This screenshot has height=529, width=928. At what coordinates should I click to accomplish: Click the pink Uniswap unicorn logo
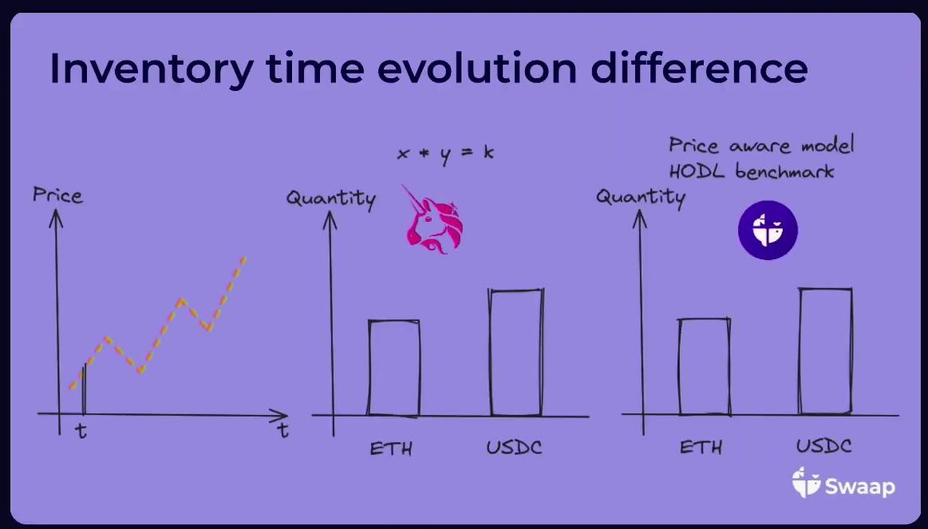tap(434, 220)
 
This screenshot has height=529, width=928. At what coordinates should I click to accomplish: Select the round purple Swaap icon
tap(768, 230)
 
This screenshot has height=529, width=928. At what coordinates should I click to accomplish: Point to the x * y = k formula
tap(445, 153)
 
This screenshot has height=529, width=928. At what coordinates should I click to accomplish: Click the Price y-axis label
tap(57, 195)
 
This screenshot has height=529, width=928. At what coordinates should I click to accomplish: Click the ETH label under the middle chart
tap(391, 448)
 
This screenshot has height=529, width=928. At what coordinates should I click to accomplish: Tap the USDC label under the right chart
tap(823, 445)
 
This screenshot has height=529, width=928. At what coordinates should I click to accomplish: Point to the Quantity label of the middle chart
tap(331, 198)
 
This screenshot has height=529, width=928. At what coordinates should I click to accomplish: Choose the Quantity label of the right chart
tap(641, 196)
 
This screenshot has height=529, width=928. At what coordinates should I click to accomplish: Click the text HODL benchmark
tap(752, 172)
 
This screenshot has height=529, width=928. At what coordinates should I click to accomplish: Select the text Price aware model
tap(762, 145)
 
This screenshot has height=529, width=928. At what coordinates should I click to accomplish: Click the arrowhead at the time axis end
tap(281, 415)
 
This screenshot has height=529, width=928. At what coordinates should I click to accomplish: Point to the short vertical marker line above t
tap(84, 389)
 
